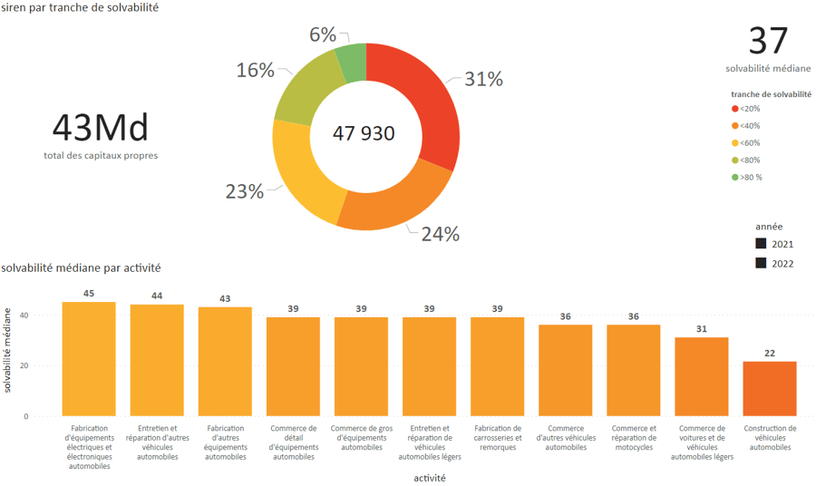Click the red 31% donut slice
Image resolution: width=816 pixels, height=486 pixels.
[x=426, y=100]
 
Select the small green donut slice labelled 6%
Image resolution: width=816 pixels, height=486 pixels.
[x=352, y=63]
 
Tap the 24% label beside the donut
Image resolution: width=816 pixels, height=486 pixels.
[x=440, y=234]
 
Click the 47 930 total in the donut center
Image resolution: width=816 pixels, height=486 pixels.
[x=364, y=134]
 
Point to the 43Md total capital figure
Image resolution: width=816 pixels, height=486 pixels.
[x=100, y=128]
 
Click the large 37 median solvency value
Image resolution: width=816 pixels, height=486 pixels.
[x=768, y=42]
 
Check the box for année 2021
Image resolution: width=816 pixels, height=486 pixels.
[x=761, y=244]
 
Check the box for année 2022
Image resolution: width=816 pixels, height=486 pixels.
[x=761, y=263]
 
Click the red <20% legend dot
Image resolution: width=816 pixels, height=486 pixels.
[x=735, y=109]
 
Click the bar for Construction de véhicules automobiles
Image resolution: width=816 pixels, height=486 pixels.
[x=770, y=389]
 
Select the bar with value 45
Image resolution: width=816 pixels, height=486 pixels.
[x=89, y=359]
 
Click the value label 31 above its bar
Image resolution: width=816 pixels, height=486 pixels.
[x=702, y=329]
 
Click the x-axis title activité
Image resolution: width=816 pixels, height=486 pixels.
[x=429, y=478]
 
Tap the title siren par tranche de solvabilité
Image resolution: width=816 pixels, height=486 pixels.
[x=80, y=7]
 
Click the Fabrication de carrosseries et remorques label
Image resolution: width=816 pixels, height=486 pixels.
[x=498, y=438]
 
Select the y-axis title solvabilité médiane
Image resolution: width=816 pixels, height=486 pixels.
[x=8, y=350]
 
